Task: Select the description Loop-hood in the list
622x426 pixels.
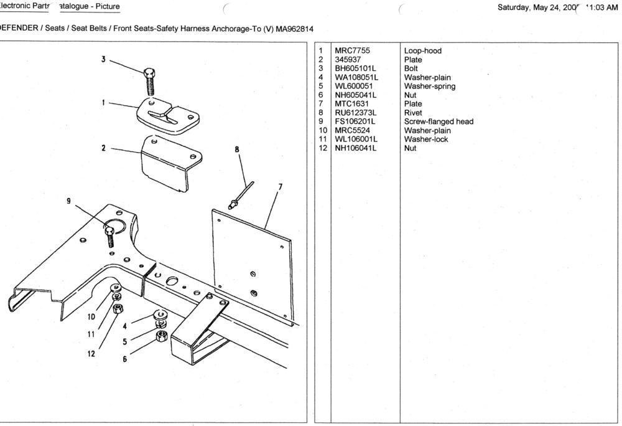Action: [x=422, y=51]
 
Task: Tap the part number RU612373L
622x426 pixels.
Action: [x=355, y=113]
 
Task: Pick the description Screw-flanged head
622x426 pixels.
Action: [x=439, y=121]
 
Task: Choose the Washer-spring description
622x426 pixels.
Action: [x=429, y=86]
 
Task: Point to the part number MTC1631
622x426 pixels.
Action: [x=351, y=104]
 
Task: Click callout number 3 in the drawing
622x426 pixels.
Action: [x=103, y=59]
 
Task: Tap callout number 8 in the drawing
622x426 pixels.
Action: [x=237, y=149]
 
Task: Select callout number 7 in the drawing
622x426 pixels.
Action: [x=281, y=186]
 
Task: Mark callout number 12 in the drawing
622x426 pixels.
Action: [x=91, y=354]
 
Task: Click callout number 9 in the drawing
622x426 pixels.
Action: [x=68, y=201]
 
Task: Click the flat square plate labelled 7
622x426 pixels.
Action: [x=252, y=262]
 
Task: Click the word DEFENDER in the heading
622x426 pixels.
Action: [x=19, y=28]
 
